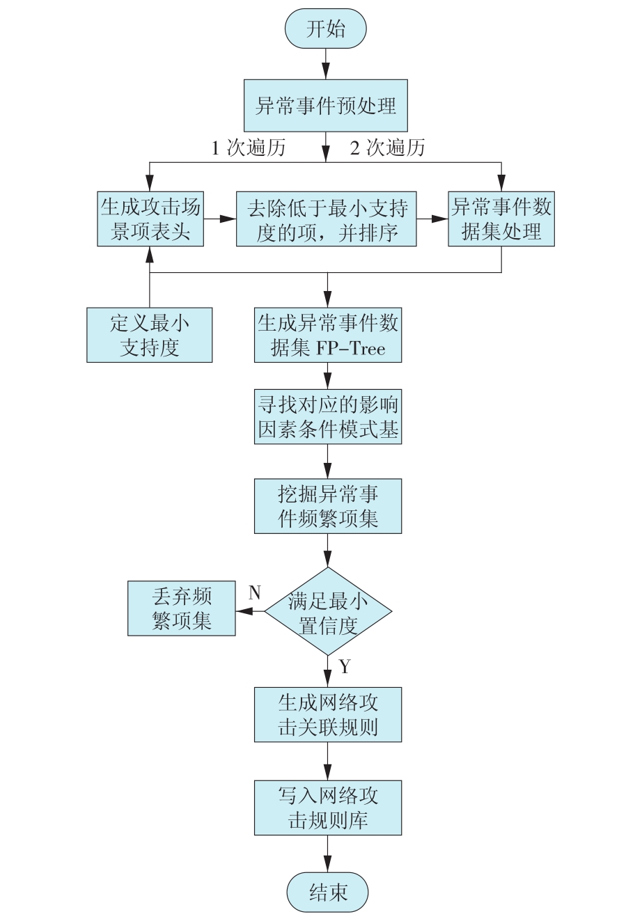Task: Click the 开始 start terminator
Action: coord(325,29)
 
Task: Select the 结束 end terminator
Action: coord(327,892)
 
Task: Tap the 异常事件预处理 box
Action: coord(326,106)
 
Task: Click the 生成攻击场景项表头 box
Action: coord(150,219)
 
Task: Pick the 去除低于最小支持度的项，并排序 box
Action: coord(326,219)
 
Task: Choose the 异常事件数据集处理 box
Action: coord(501,219)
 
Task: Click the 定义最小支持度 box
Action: coord(149,335)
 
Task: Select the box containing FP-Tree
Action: coord(328,335)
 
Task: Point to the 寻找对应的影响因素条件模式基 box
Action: coord(328,416)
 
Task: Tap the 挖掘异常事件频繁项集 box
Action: coord(328,506)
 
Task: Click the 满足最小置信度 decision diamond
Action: coord(328,611)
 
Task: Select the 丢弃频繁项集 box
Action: coord(181,608)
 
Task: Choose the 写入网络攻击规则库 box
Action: coord(328,808)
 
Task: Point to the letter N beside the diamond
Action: coord(255,592)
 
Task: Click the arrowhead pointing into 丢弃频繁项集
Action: coord(244,611)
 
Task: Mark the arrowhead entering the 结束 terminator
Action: coord(328,864)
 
